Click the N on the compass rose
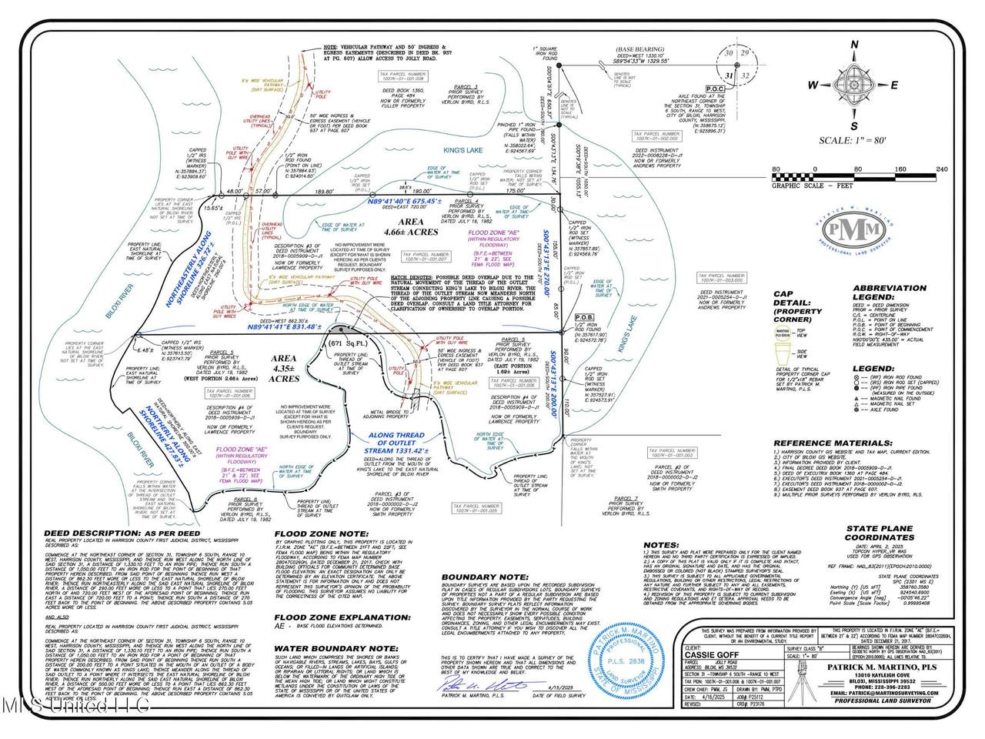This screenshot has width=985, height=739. [x=853, y=44]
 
